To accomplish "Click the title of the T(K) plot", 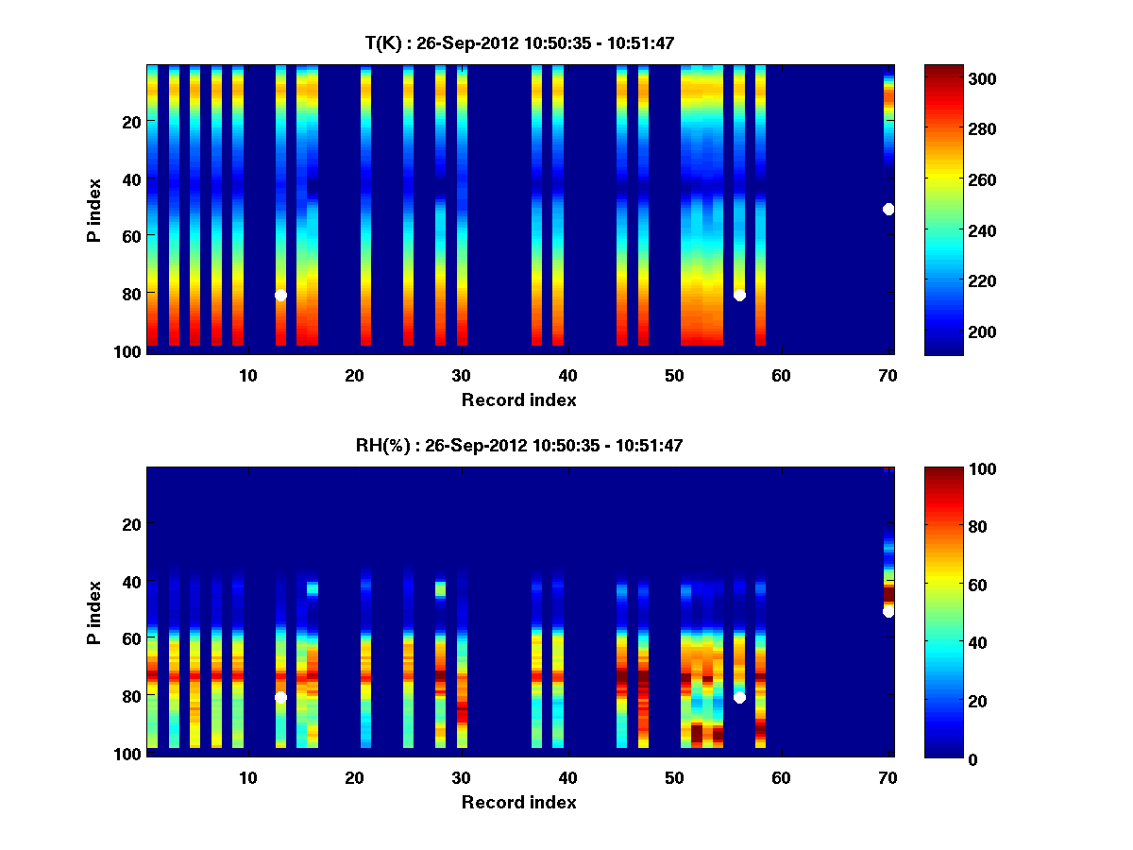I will coord(519,43).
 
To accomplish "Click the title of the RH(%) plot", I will coord(519,446).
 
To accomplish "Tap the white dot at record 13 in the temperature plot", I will coord(280,296).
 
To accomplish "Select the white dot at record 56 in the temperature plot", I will coord(739,296).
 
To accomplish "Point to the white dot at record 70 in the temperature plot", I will coord(888,209).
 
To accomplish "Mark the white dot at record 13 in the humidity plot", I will coord(280,698).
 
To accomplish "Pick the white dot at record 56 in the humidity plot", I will coord(739,698).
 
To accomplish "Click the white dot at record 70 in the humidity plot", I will coord(888,612).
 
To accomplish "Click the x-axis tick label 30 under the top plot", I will coord(461,375).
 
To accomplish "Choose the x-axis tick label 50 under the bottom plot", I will coord(674,777).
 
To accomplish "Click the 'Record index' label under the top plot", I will coord(519,399).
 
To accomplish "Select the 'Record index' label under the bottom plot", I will coord(519,802).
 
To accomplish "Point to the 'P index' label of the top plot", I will coord(94,209).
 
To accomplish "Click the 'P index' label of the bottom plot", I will coord(94,612).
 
